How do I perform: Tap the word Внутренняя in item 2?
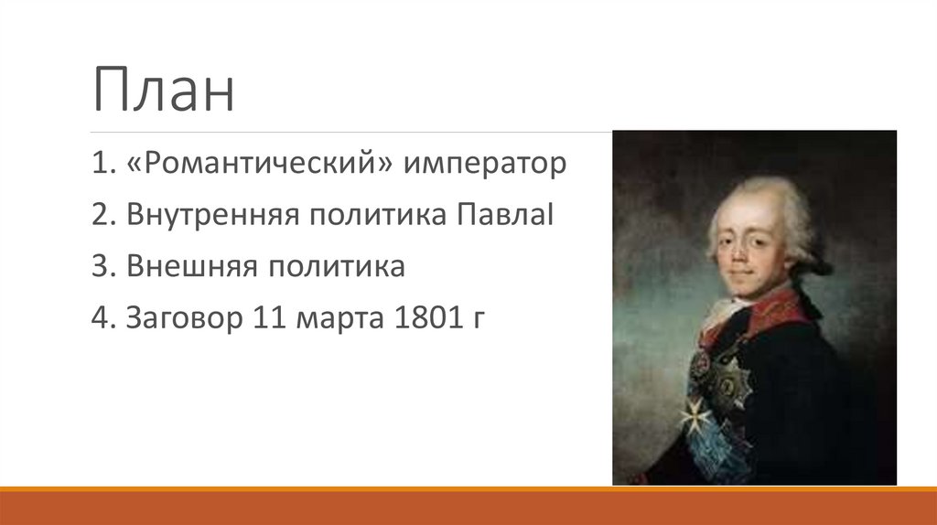pyautogui.click(x=211, y=216)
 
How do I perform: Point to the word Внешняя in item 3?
pyautogui.click(x=188, y=267)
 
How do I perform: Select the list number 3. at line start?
pyautogui.click(x=101, y=267)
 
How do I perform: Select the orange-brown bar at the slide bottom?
pyautogui.click(x=468, y=508)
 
